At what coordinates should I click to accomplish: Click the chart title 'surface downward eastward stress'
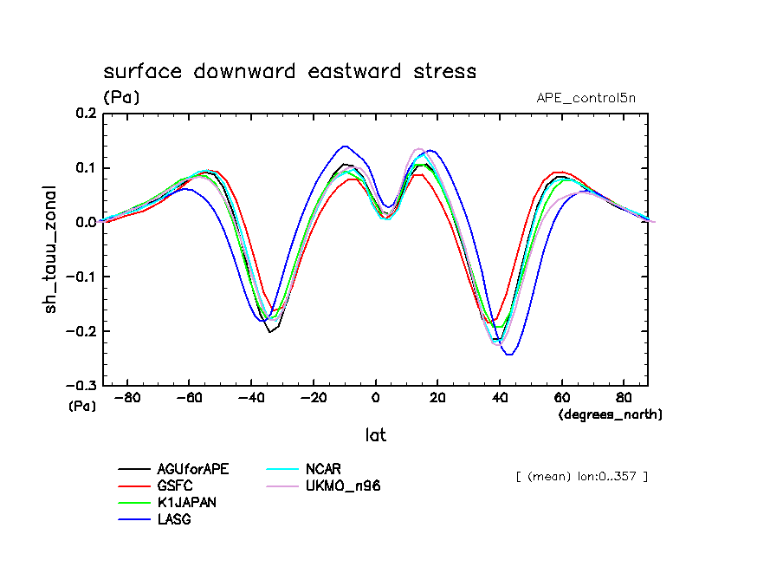point(289,71)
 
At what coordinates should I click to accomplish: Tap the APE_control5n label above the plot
point(592,97)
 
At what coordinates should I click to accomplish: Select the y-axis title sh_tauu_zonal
point(53,248)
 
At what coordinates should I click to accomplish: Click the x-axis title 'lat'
point(375,435)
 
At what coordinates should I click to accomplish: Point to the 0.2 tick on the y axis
point(85,114)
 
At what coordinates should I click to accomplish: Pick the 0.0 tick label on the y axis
point(85,223)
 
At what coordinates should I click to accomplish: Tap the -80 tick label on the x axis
point(127,399)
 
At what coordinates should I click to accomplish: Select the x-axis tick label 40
point(500,399)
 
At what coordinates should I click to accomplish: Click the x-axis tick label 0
point(376,399)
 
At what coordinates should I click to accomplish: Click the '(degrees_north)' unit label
point(611,414)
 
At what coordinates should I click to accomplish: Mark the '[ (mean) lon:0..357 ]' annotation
point(581,476)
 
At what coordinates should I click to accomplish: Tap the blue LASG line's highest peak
point(345,147)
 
